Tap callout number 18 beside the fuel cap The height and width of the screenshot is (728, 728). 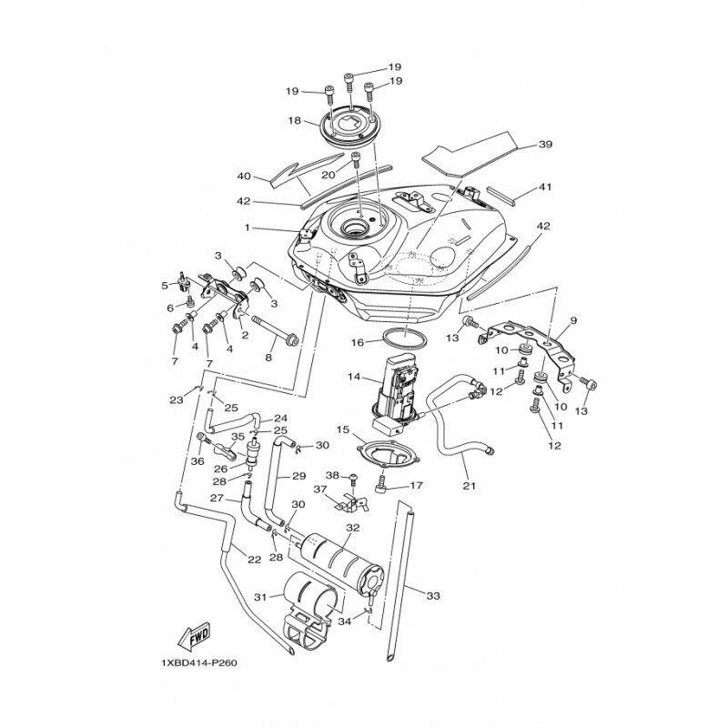pos(295,120)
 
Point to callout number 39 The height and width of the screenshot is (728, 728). pos(545,144)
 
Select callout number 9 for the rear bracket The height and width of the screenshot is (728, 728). pos(573,319)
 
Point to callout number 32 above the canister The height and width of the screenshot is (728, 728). pos(353,527)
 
